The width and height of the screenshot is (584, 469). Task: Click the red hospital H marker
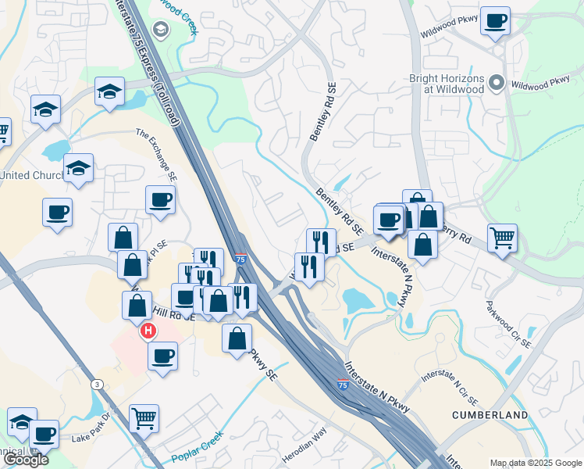[147, 331]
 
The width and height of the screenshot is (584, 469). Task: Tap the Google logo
[26, 460]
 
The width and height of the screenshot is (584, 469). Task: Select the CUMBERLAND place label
[490, 414]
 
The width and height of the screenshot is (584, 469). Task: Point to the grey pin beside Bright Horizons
[496, 82]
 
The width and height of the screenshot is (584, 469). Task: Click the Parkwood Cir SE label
[507, 324]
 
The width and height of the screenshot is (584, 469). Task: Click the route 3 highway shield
[96, 384]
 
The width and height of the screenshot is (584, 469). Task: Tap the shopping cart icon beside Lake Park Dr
[144, 418]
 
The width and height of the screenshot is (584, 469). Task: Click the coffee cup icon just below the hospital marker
[162, 356]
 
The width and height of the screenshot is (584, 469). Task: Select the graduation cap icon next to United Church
[78, 168]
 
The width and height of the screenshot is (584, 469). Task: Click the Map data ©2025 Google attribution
[535, 463]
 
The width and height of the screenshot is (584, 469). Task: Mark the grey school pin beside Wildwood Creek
[162, 30]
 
